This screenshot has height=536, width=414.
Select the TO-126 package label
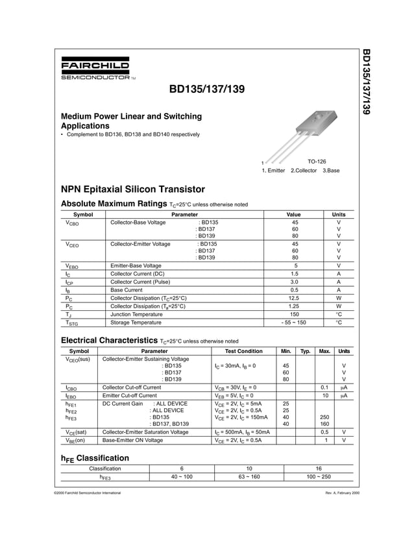(317, 161)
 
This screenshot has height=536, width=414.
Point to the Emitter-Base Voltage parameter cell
(136, 265)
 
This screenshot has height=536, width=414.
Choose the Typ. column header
(306, 351)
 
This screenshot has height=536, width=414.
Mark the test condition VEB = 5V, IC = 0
(234, 395)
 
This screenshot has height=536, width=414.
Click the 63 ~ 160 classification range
(249, 477)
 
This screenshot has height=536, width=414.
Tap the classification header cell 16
(319, 468)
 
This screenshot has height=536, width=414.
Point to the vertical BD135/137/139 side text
(365, 82)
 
